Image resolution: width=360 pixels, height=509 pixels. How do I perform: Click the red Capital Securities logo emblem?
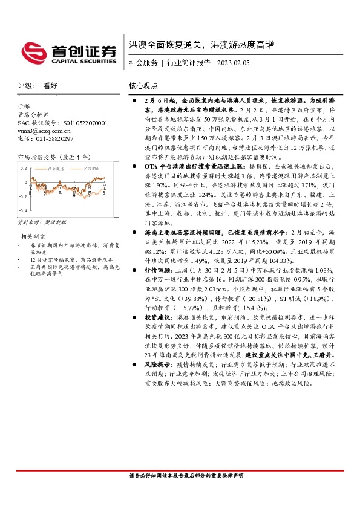tap(31, 50)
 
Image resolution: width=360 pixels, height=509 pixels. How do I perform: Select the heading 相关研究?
tap(34, 236)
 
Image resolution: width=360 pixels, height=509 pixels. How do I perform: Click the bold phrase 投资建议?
tap(159, 317)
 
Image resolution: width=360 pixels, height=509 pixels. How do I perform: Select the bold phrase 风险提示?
tap(159, 365)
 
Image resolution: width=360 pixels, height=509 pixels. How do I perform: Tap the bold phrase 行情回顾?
tap(159, 271)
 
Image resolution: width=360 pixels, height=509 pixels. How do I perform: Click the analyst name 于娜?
tap(24, 106)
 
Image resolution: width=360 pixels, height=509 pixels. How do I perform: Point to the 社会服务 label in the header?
tap(143, 63)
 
